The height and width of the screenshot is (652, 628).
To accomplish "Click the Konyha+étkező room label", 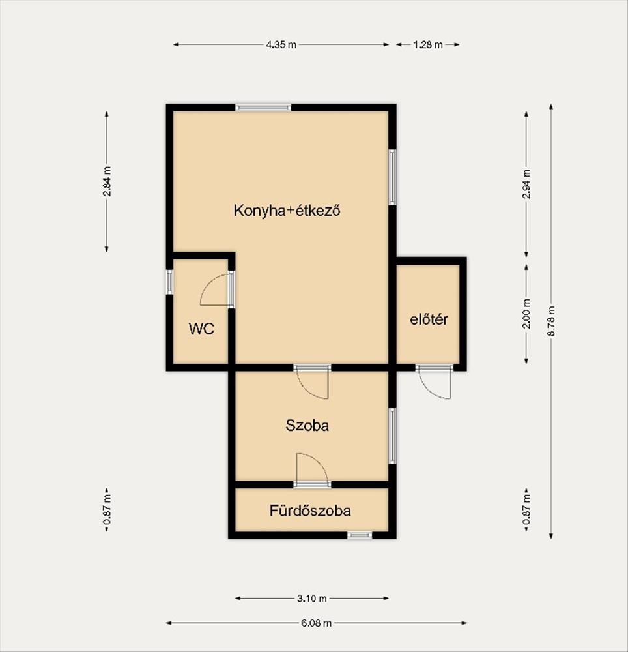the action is (x=287, y=211).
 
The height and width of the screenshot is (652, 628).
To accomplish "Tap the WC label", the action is (x=201, y=329).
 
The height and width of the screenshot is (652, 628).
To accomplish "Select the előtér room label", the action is (x=429, y=319).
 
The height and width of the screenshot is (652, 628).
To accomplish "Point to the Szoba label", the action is (x=307, y=425).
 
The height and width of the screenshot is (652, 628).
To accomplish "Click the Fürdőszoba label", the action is (x=310, y=511).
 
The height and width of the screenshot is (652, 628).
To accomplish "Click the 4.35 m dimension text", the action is (x=281, y=44).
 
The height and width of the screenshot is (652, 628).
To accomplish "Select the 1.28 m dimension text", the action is (x=428, y=44).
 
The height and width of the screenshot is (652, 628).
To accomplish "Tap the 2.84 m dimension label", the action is (x=107, y=181).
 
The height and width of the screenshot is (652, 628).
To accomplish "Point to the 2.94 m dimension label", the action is (x=526, y=185).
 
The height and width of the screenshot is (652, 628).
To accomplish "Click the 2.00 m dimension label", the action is (x=526, y=314).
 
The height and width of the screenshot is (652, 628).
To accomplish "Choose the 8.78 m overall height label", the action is (x=551, y=321).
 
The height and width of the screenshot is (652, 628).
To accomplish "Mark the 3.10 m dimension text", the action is (x=312, y=599).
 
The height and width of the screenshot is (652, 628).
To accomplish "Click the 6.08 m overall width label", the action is (x=316, y=623).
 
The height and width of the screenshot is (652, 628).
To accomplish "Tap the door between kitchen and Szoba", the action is (x=312, y=381).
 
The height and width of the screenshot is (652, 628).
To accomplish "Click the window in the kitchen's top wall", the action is (x=263, y=108).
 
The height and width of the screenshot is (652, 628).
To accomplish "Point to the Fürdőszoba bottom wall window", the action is (x=360, y=535).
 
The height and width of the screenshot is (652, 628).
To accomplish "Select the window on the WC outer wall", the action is (x=169, y=282).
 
